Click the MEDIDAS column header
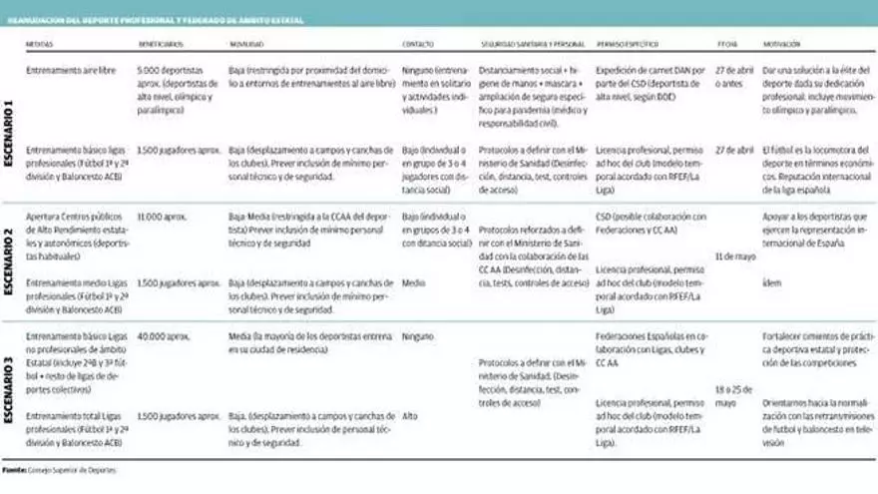[x=40, y=45]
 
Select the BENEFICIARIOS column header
[x=161, y=45]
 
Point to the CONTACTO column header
[x=418, y=45]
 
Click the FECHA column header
[x=727, y=45]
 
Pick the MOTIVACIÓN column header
[x=782, y=45]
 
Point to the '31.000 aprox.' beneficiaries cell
[x=164, y=216]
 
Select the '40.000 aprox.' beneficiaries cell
[x=164, y=337]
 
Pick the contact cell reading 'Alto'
[x=411, y=415]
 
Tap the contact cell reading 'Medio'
[x=414, y=282]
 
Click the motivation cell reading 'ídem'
[x=771, y=282]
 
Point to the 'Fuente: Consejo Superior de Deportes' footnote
[x=61, y=469]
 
